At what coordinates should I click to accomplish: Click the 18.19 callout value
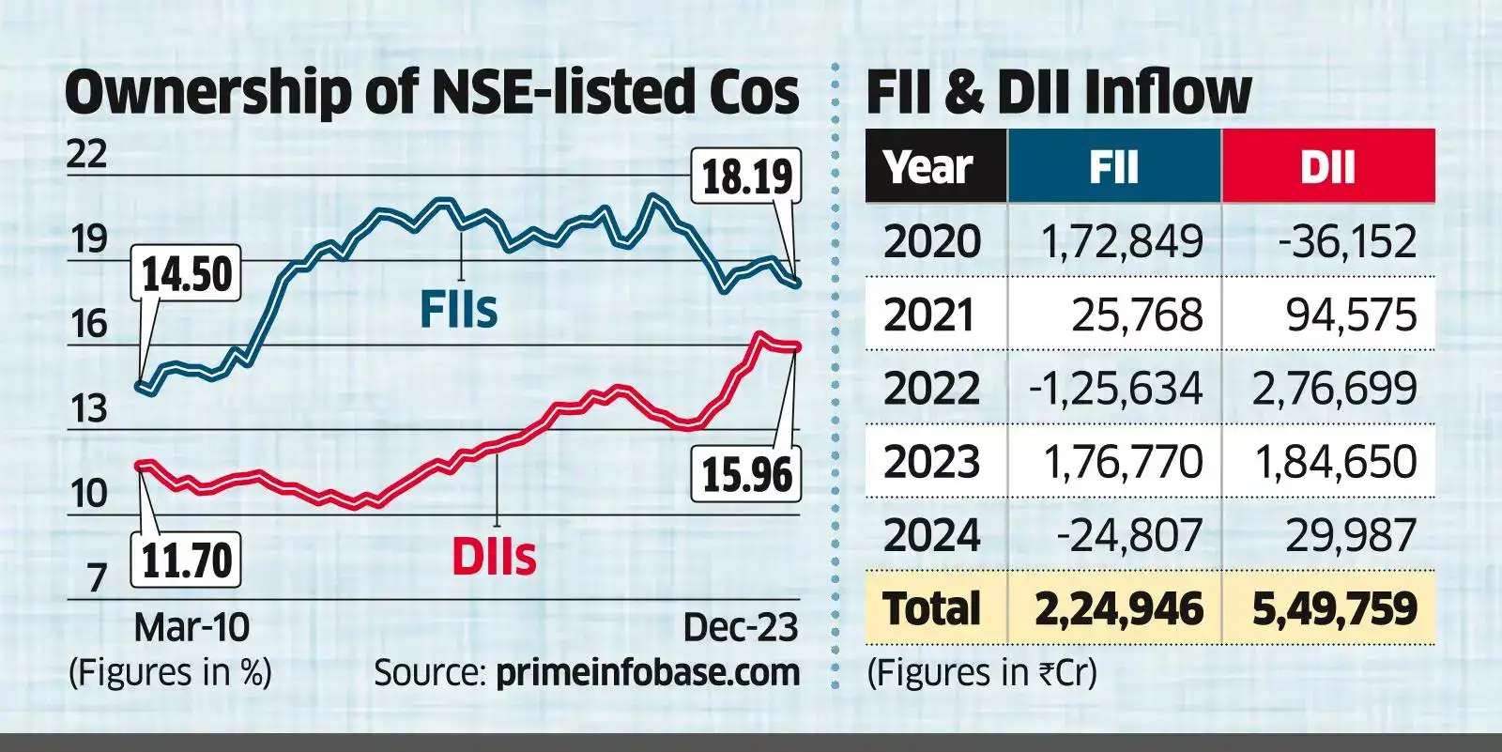pos(746,176)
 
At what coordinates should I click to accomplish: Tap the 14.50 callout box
pos(186,275)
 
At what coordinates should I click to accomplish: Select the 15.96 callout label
pos(746,474)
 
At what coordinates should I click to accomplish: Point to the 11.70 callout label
pos(186,561)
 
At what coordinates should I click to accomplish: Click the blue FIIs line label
pos(458,310)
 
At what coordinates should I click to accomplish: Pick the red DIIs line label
pos(494,558)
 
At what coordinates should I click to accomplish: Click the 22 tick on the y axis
pos(86,154)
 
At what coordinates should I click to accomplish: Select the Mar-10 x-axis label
pos(192,627)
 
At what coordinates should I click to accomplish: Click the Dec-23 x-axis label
pos(741,627)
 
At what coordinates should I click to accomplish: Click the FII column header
pos(1114,167)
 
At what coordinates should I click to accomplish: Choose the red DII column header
pos(1327,167)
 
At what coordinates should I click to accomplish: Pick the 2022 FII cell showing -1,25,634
pos(1115,389)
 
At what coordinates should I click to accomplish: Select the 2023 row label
pos(931,462)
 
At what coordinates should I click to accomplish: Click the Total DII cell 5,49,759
pos(1334,609)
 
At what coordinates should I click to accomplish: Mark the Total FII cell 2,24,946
pos(1118,609)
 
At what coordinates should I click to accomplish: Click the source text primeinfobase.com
pos(648,672)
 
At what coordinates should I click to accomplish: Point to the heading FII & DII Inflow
pos(1058,91)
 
